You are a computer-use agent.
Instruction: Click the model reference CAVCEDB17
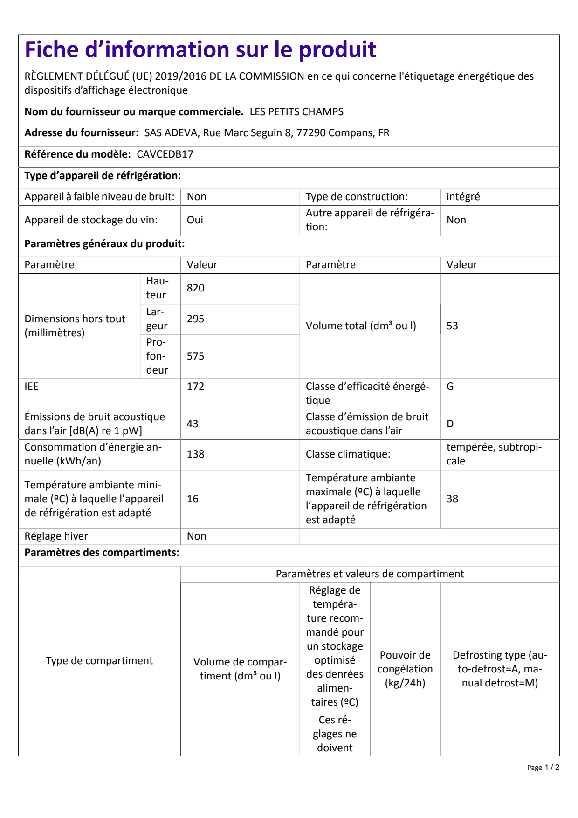point(165,154)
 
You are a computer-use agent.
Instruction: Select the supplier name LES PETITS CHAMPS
point(296,112)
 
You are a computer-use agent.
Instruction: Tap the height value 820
point(196,288)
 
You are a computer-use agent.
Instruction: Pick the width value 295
point(196,319)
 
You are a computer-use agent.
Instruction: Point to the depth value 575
point(196,356)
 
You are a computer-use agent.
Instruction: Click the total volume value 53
point(452,326)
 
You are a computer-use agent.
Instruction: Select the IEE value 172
point(196,387)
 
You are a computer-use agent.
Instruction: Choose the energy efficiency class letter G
point(450,387)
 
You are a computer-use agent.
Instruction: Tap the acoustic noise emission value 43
point(193,424)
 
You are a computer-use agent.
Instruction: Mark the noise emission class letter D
point(450,424)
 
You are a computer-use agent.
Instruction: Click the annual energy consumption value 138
point(196,454)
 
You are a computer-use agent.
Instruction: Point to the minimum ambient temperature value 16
point(193,499)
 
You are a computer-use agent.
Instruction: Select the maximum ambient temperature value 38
point(452,499)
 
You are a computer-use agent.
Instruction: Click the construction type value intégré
point(463,197)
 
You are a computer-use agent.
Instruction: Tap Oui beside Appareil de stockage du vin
point(195,220)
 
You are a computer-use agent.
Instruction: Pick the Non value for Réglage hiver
point(196,536)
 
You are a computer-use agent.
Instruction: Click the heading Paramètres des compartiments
point(102,553)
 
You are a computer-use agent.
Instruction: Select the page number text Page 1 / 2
point(543,768)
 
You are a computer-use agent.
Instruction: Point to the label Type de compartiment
point(99,661)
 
